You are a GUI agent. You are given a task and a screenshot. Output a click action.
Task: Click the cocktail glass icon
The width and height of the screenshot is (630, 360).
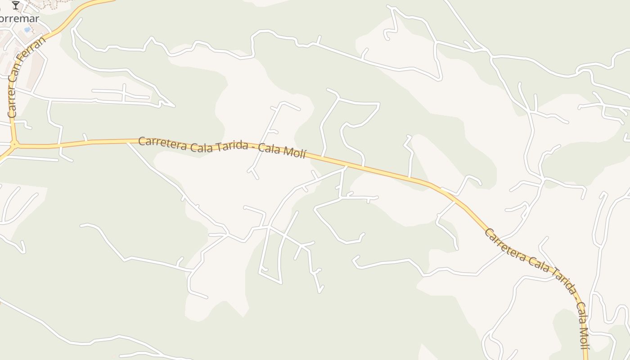[16, 5]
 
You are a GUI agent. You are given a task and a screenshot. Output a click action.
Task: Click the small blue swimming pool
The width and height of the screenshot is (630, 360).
[27, 30]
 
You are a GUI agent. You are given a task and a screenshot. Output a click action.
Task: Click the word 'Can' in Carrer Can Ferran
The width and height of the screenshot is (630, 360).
[21, 75]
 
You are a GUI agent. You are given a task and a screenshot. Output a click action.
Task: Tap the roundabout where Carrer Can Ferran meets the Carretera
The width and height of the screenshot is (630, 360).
[14, 145]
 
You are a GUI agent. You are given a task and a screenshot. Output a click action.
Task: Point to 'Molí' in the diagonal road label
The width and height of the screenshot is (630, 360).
[584, 332]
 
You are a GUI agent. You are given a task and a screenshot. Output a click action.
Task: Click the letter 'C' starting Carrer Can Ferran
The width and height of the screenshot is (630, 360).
[12, 114]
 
